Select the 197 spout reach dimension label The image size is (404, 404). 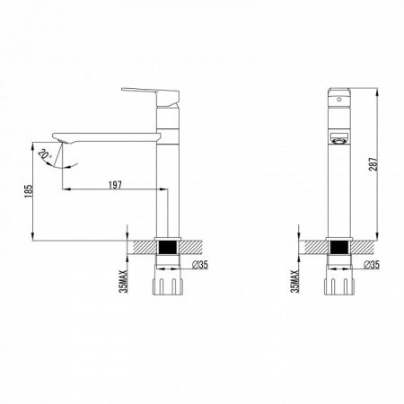tap(114, 184)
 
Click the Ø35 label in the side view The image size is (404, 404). tap(203, 266)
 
